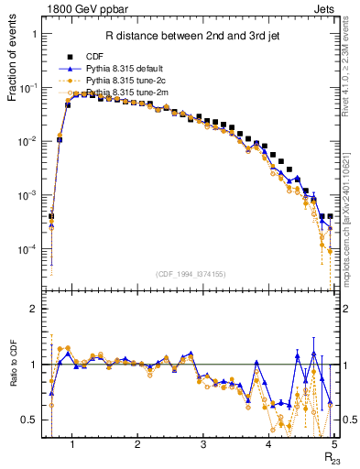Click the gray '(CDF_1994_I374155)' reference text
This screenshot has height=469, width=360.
(x=191, y=273)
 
